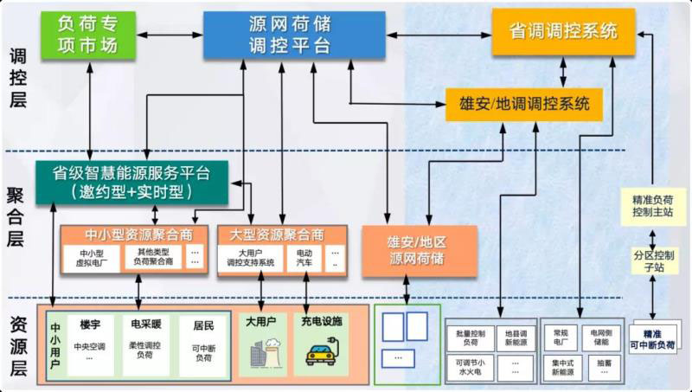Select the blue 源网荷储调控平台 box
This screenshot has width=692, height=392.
coord(294,35)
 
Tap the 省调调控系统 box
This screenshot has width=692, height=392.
coord(563,31)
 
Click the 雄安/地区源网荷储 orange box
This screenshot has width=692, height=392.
coord(418,250)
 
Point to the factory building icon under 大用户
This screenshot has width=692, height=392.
coord(260,355)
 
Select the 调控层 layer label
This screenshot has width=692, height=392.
coord(17,78)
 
